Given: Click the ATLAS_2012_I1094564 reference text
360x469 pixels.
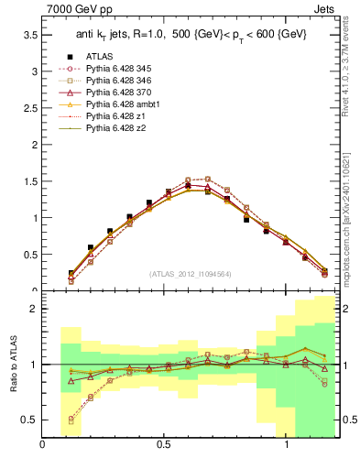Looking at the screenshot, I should [191, 273].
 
